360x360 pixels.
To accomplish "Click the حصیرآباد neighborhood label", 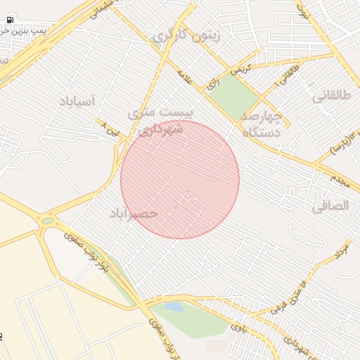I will point(134,212).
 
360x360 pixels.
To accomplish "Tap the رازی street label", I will point(212,84).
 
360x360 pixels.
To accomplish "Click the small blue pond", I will point(173,307).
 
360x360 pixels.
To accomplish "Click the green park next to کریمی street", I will point(233,96).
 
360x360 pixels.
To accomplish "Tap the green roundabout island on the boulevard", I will point(47,221).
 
